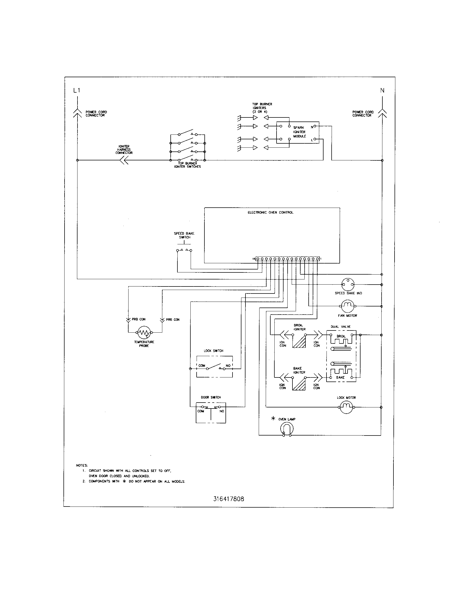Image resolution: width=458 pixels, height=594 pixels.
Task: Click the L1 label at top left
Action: pos(77,90)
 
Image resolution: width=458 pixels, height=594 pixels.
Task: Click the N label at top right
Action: pos(382,90)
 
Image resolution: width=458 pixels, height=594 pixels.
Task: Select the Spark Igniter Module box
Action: pos(298,133)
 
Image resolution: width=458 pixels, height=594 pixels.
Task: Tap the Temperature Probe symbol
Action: pos(144,332)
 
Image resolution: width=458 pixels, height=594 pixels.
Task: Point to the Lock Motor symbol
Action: pos(346,407)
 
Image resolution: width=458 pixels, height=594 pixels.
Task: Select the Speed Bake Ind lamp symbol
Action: pos(348,285)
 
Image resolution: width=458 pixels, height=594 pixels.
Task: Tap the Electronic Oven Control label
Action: pos(270,212)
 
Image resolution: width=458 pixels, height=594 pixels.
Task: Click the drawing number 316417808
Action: pos(228,499)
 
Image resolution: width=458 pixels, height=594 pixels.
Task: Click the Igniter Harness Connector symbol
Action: pos(124,160)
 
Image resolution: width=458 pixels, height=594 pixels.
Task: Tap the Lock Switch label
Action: pos(214,351)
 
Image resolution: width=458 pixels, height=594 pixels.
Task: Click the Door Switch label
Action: pos(211,397)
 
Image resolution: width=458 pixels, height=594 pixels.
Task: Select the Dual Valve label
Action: pos(341,327)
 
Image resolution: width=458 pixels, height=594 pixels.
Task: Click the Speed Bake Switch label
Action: pos(184,235)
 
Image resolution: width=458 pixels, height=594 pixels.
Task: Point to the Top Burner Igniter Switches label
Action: pos(187,165)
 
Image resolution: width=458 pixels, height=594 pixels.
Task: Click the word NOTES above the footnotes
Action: pos(82,465)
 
